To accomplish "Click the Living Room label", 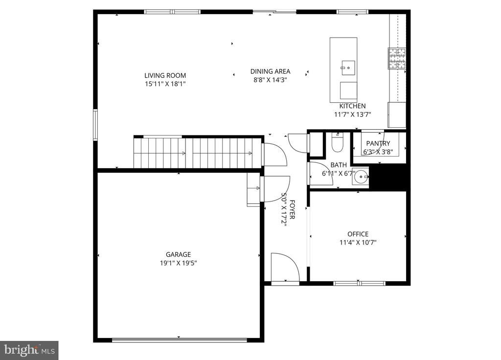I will [x=165, y=75].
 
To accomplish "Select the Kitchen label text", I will [x=352, y=106].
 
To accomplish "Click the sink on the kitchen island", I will [x=348, y=67].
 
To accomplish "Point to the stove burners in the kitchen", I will [x=397, y=58].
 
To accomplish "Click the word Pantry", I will [x=378, y=143].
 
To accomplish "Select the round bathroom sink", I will [x=362, y=176].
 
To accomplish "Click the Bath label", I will [x=338, y=165].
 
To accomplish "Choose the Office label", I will [x=358, y=234].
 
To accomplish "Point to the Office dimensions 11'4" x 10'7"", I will [x=358, y=242].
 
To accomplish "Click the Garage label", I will [x=178, y=254].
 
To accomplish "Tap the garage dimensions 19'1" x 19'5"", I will [x=178, y=263].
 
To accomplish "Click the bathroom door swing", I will [x=320, y=174].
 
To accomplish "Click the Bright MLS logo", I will [x=29, y=350].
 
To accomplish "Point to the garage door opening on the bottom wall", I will [x=179, y=339].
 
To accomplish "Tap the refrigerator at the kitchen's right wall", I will [x=397, y=115].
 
